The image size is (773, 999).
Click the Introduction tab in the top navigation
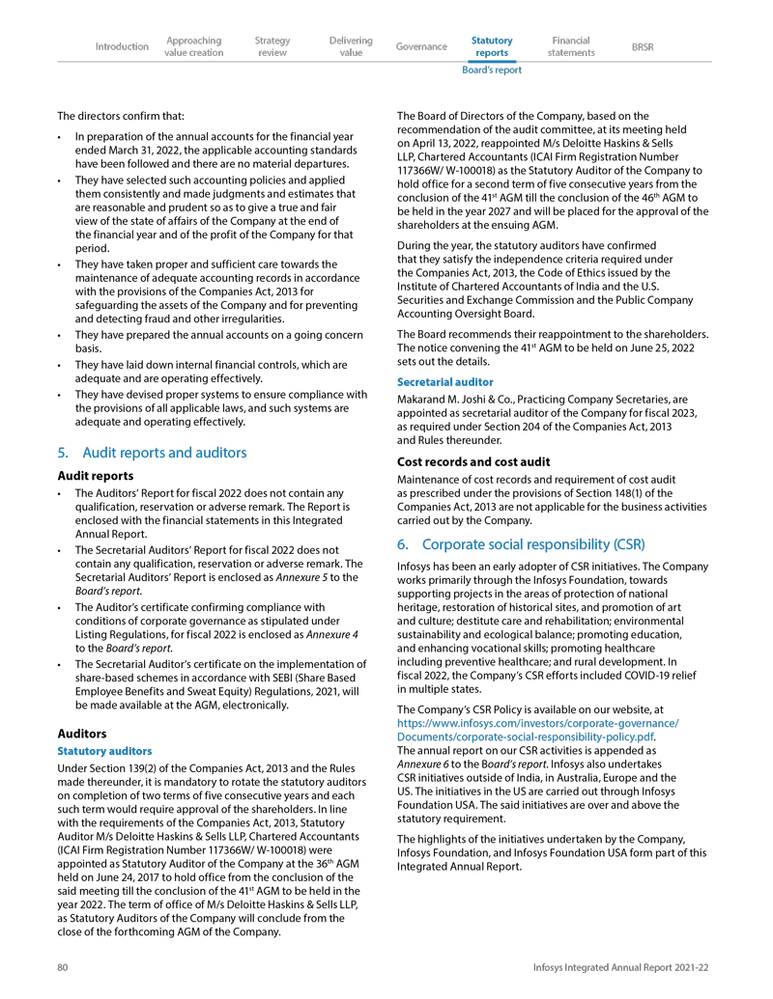[x=122, y=46]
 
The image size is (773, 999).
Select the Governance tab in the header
[x=421, y=46]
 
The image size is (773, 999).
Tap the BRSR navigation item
[x=642, y=46]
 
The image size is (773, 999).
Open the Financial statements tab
[x=570, y=46]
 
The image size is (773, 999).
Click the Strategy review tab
[x=272, y=46]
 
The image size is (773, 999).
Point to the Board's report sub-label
[x=491, y=69]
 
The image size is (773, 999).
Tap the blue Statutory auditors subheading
[x=104, y=750]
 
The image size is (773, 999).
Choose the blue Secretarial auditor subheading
[x=444, y=382]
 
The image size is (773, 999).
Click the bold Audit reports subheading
[x=96, y=475]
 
